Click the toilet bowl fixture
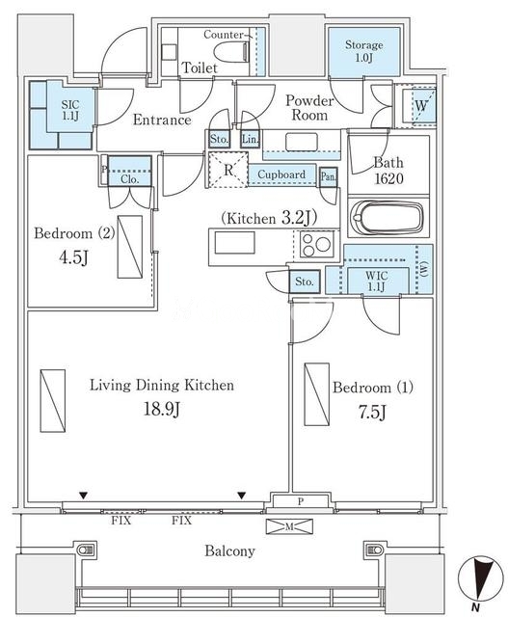(232, 51)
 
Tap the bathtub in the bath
(388, 218)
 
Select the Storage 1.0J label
(364, 51)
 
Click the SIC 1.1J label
(70, 110)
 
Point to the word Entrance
(162, 120)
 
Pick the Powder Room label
(309, 107)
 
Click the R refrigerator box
(228, 170)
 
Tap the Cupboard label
(281, 174)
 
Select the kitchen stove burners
(316, 244)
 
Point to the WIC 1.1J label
(377, 281)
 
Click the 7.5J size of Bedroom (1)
(372, 412)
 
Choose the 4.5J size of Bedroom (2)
(73, 257)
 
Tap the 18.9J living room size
(162, 409)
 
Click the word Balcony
(229, 550)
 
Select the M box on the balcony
(289, 526)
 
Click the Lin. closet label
(251, 139)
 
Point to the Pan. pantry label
(328, 176)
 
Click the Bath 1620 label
(388, 171)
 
